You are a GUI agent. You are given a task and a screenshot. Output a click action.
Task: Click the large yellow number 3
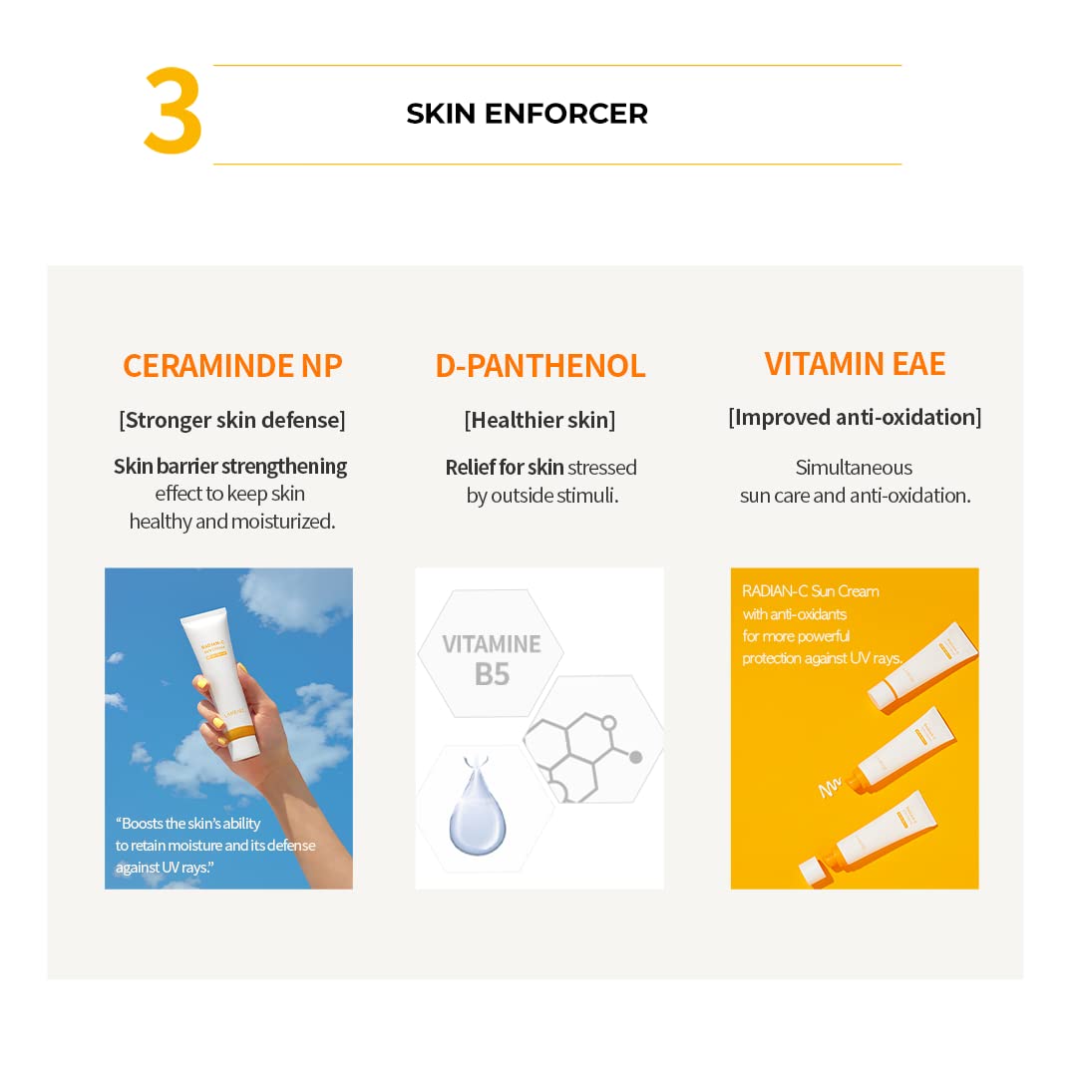point(174,113)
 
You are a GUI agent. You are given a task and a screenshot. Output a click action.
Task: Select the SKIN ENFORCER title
point(527,114)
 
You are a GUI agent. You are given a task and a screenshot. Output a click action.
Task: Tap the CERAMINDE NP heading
point(232,366)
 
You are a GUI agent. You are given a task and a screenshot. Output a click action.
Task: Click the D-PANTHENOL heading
point(539,366)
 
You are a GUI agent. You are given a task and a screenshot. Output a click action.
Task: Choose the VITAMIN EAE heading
point(855,364)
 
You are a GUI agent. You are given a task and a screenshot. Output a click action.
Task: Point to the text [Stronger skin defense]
point(232,420)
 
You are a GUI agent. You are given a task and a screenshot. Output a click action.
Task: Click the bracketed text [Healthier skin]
point(539,420)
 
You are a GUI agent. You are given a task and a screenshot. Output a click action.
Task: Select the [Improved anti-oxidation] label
point(855,417)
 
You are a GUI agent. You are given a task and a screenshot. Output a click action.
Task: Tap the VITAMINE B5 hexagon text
point(492,658)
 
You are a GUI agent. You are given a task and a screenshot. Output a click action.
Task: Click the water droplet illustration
point(477,817)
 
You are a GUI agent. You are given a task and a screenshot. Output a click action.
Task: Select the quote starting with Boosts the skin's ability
point(214,845)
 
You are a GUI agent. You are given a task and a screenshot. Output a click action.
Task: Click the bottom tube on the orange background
point(878,833)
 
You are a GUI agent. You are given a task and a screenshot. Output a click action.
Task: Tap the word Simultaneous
point(854,468)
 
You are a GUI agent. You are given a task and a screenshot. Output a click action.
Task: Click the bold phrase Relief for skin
point(505,468)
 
